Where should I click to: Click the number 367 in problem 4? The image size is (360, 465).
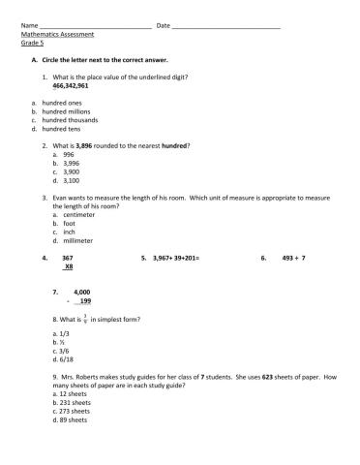tap(68, 259)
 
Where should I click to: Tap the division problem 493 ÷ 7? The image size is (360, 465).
tap(293, 259)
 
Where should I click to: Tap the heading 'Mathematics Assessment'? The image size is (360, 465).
tap(57, 34)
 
